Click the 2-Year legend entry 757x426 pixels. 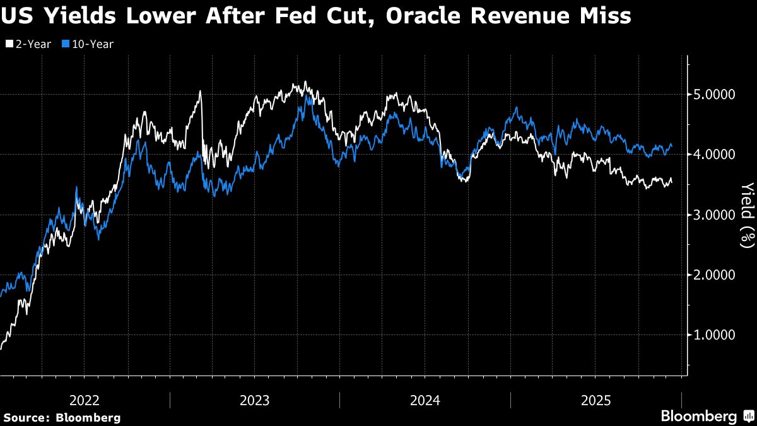pos(28,44)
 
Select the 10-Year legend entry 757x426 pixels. pos(88,44)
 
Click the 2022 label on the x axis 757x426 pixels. pos(85,400)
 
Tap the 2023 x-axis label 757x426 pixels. pos(255,400)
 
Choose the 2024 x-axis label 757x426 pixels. pos(425,400)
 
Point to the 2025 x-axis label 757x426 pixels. pos(596,400)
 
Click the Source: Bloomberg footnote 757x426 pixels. pos(62,417)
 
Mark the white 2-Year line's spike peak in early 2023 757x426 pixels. pos(200,92)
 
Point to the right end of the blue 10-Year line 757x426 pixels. pos(672,146)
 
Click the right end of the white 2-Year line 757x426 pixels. pos(672,182)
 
